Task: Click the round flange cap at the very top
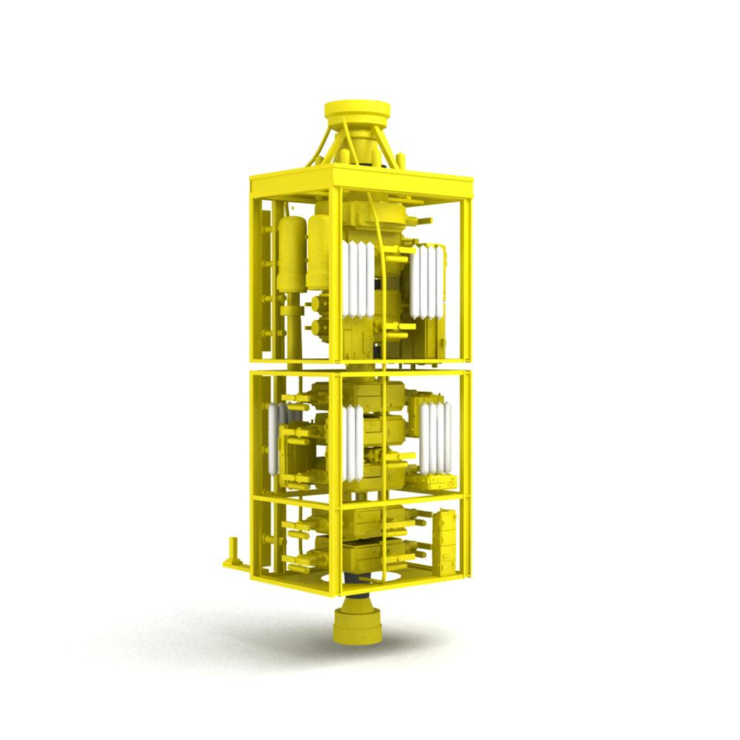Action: tap(357, 110)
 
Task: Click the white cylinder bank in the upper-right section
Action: tap(428, 281)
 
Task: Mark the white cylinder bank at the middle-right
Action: tap(436, 439)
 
